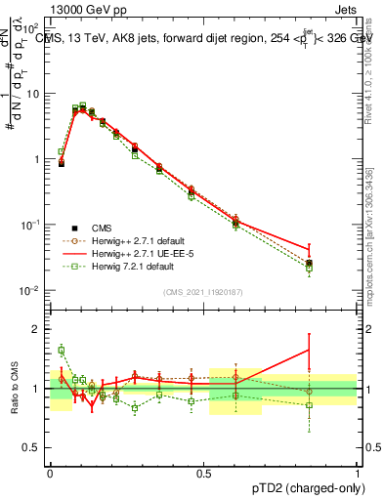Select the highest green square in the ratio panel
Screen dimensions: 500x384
point(62,350)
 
